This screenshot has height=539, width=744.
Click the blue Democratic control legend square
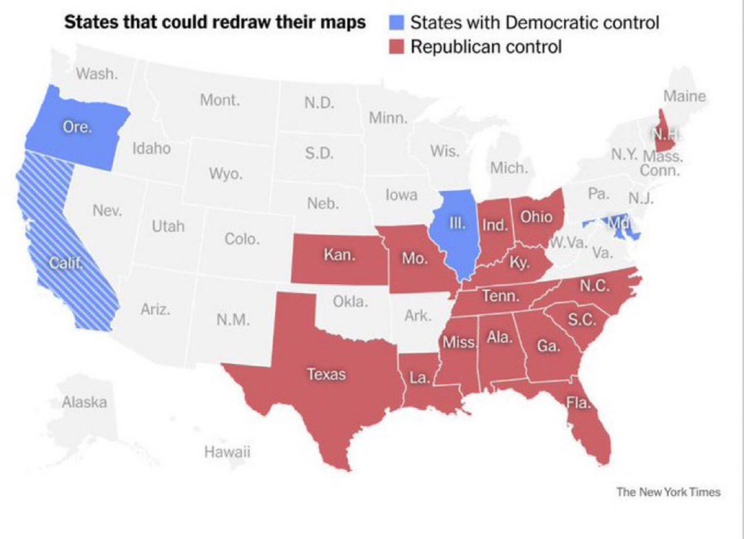[x=397, y=23]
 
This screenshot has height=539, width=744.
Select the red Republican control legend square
[x=397, y=47]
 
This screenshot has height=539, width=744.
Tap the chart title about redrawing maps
[x=216, y=23]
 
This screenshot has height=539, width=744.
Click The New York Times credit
[x=668, y=492]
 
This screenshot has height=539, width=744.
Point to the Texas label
[x=327, y=374]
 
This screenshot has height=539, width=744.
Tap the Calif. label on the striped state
[x=67, y=265]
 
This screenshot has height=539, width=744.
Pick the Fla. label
[x=580, y=404]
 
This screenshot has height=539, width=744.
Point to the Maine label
[x=684, y=96]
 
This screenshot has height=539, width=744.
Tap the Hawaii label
[x=227, y=452]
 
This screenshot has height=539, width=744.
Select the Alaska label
[x=84, y=402]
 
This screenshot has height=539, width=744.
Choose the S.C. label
[x=582, y=320]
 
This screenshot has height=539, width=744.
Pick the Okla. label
[x=351, y=302]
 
